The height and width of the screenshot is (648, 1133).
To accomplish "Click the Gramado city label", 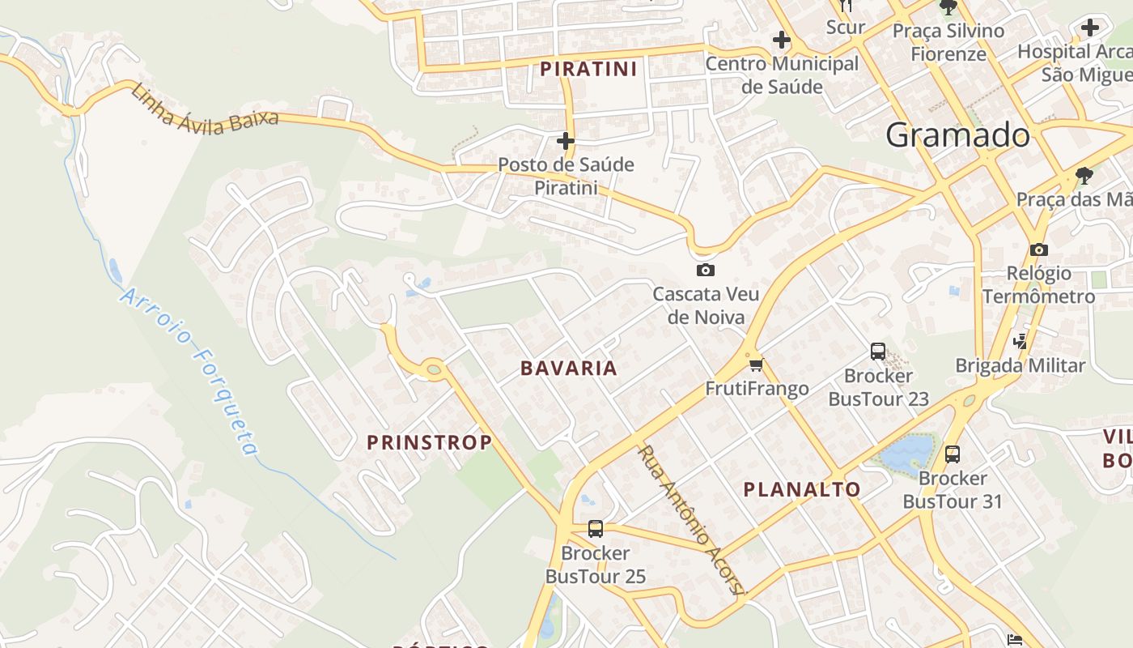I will point(957,135).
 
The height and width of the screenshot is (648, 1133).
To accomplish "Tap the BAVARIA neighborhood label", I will point(568,369).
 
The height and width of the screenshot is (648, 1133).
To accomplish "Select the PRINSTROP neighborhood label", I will point(429,442).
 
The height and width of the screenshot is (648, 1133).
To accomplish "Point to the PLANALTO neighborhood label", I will point(801,489).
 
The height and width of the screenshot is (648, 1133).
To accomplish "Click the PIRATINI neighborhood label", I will point(588,69).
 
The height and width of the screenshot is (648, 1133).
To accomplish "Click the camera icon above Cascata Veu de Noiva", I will point(705,270).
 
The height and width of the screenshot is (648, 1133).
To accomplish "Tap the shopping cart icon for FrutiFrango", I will point(756,365).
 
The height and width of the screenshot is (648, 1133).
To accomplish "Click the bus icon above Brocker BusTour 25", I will point(596,529).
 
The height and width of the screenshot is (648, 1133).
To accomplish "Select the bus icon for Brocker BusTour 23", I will point(878,352).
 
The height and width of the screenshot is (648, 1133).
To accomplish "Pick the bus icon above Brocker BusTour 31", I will point(953,454).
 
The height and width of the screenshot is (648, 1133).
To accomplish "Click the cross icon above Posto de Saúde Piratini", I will point(565,141).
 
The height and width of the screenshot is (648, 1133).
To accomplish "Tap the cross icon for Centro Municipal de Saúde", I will point(781,39).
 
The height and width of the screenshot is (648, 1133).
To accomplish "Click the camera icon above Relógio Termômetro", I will point(1039,249).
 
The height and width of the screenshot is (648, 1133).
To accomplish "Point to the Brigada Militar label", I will point(1020,365).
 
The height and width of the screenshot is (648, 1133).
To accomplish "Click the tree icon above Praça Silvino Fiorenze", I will point(948,8).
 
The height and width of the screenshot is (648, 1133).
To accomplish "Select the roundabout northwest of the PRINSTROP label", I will point(434,369).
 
